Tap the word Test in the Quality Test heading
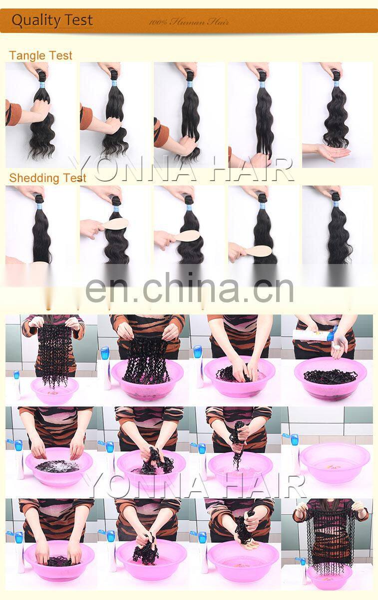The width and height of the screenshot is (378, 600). tap(78, 20)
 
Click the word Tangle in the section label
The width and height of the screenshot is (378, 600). tap(25, 55)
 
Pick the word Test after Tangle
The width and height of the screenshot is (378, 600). tap(60, 55)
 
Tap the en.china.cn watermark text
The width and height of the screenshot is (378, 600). tap(189, 288)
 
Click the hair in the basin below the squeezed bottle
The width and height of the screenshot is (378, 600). tap(330, 376)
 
